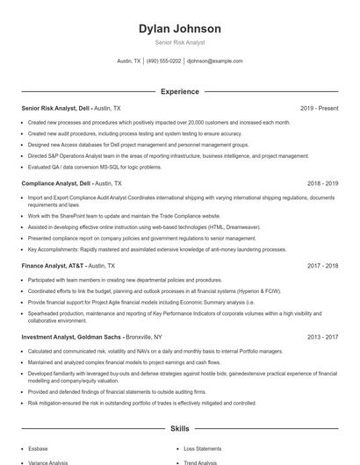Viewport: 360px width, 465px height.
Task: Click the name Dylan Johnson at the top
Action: pos(179,29)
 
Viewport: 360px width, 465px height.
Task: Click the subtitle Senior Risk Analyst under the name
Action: pos(179,42)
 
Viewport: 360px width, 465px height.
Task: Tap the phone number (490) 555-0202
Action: pos(164,61)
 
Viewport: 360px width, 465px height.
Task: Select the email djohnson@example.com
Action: pos(215,61)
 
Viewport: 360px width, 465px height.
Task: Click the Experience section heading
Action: pos(179,91)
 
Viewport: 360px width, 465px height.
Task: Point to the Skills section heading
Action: pos(179,429)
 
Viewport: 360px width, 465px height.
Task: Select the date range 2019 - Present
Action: pos(319,108)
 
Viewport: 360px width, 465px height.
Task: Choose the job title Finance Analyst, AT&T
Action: pos(50,265)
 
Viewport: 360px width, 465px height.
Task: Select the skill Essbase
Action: pos(38,447)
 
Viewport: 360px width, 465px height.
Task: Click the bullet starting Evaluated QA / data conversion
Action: pos(95,167)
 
